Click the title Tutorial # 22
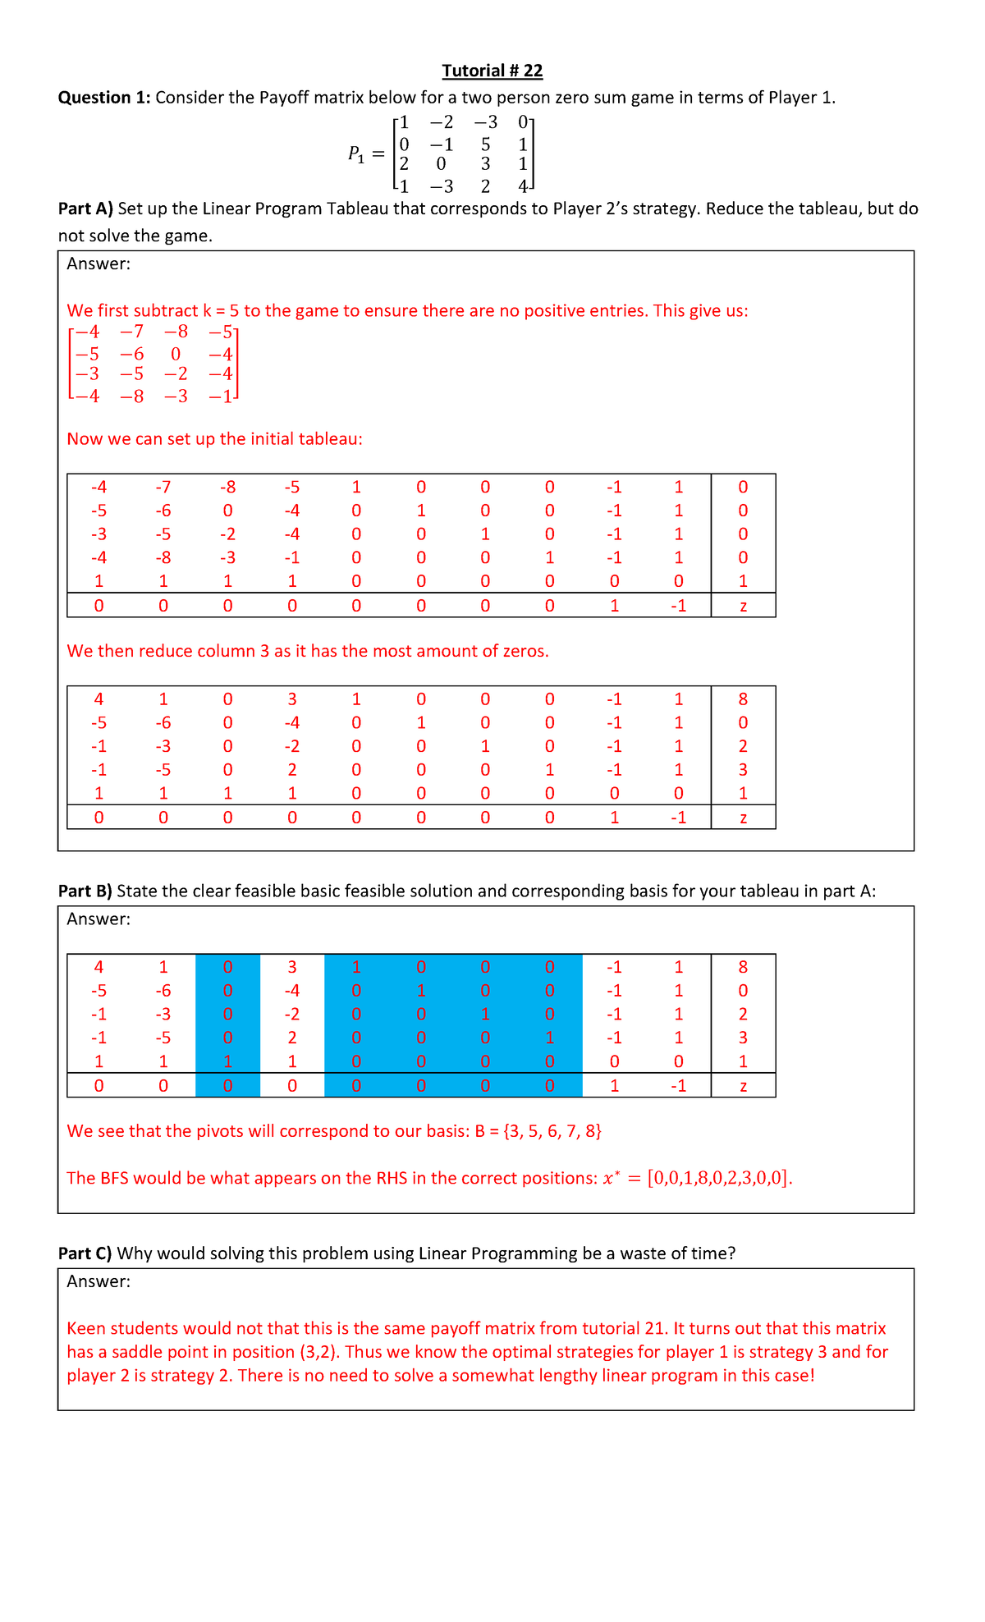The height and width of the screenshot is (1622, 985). tap(492, 71)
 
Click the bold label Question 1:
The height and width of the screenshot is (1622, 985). tap(103, 98)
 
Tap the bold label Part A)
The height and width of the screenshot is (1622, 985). tap(85, 208)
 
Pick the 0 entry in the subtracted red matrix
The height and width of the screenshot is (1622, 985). tap(175, 355)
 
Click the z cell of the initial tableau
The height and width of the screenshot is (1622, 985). tap(743, 607)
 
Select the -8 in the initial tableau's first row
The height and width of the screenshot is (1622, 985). tap(227, 487)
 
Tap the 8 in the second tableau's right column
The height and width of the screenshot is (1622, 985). tap(743, 699)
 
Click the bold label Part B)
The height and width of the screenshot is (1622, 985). tap(85, 891)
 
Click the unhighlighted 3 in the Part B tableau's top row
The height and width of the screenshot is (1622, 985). tap(292, 967)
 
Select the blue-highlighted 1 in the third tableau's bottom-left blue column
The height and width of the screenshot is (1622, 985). tap(227, 1061)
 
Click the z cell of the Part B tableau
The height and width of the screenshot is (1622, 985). tap(743, 1087)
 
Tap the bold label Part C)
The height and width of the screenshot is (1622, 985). tap(85, 1253)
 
